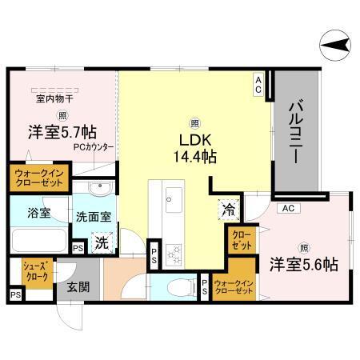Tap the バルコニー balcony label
coord(295,131)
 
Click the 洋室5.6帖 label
coord(302,263)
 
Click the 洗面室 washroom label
coord(93,216)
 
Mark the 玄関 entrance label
coord(78,287)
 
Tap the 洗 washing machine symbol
coord(101,241)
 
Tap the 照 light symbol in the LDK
coord(194,123)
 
